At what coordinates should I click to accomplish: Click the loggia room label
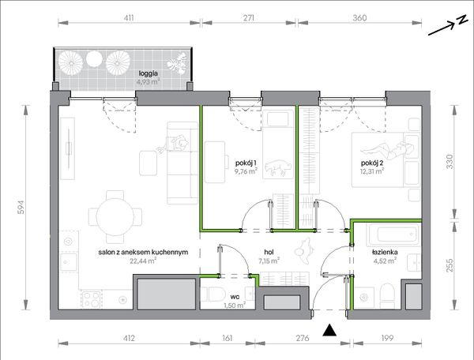point(149,73)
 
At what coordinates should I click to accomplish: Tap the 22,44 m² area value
point(143,261)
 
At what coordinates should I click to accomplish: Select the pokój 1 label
point(246,163)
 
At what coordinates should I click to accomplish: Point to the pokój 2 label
point(372,163)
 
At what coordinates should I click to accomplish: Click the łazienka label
point(385,252)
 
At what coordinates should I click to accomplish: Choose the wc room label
point(235,297)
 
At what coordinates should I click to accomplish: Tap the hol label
point(269,252)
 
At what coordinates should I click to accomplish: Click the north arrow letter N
point(461,21)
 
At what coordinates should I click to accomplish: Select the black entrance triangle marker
point(329,330)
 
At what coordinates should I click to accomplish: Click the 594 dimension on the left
point(21,208)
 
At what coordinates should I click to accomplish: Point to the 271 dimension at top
point(249,18)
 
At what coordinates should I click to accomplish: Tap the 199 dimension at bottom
point(387,338)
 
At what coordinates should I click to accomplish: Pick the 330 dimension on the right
point(450,162)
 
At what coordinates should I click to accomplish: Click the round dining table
point(115,217)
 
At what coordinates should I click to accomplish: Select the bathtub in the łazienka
point(393,235)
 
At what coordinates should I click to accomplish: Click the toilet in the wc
point(213,294)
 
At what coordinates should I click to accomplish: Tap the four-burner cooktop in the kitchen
point(92,299)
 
